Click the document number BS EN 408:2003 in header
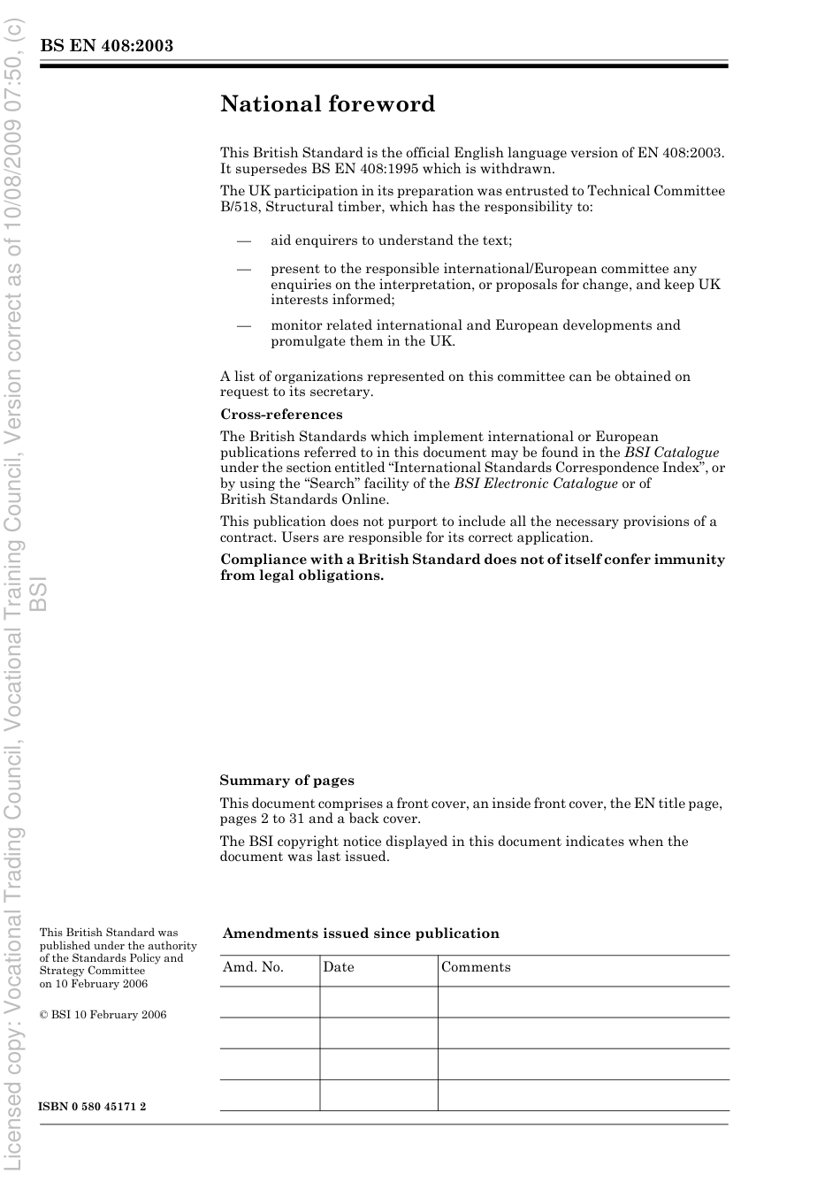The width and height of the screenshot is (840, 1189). pyautogui.click(x=106, y=46)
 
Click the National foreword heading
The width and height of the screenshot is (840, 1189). pyautogui.click(x=327, y=104)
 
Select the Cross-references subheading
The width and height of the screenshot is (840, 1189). pyautogui.click(x=281, y=415)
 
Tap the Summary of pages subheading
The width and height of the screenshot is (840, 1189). pyautogui.click(x=286, y=781)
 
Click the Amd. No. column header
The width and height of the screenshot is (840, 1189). pyautogui.click(x=253, y=967)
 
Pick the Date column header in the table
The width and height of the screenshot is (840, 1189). pyautogui.click(x=338, y=967)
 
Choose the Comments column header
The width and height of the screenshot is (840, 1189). pyautogui.click(x=476, y=967)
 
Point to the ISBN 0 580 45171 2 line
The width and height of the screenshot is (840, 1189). pyautogui.click(x=93, y=1107)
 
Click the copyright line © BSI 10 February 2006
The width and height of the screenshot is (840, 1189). pyautogui.click(x=103, y=1015)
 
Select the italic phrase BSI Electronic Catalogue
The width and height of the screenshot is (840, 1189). pyautogui.click(x=536, y=484)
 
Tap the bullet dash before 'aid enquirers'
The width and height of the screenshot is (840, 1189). pyautogui.click(x=243, y=240)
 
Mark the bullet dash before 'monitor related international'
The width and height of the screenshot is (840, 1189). pyautogui.click(x=243, y=325)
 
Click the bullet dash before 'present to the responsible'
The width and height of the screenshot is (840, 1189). pyautogui.click(x=243, y=269)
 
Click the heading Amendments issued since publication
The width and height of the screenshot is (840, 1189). pyautogui.click(x=361, y=934)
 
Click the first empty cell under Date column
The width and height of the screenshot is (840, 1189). pyautogui.click(x=378, y=1002)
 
